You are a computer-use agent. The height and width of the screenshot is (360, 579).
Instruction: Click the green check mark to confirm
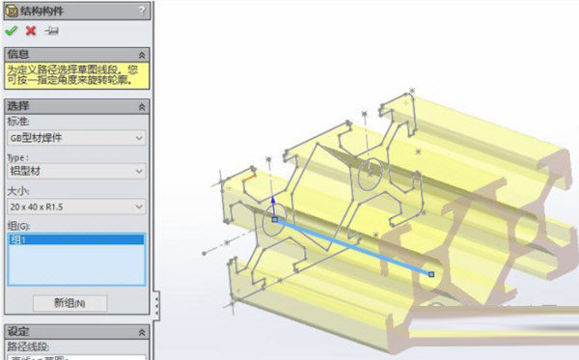point(12,31)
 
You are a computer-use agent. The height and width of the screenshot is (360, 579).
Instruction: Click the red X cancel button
point(30,31)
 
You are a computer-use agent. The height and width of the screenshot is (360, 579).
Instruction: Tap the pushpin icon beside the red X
point(50,31)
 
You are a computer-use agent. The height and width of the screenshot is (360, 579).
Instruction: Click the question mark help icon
point(142,11)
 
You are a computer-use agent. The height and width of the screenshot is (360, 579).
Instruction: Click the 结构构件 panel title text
point(41,11)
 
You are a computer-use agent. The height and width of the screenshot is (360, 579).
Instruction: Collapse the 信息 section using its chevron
point(143,55)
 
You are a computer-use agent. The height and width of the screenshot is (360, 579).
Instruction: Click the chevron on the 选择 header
point(143,106)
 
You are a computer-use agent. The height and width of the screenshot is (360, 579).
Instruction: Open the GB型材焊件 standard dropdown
point(76,137)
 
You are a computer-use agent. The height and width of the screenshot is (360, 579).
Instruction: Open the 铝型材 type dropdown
point(76,172)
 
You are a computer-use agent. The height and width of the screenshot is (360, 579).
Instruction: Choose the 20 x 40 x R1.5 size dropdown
point(76,207)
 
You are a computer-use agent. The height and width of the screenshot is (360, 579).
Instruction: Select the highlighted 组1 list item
point(75,240)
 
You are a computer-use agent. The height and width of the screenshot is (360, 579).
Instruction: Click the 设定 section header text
point(18,331)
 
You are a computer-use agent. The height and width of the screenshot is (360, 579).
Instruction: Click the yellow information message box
point(76,75)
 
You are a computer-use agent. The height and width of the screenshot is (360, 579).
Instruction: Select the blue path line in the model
point(352,247)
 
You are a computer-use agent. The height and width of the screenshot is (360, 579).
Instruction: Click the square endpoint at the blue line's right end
point(431,275)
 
